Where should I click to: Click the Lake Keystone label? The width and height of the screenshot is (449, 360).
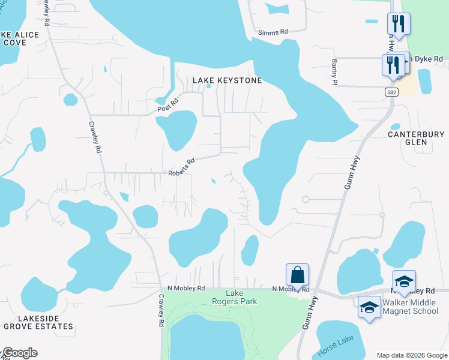[x=227, y=80]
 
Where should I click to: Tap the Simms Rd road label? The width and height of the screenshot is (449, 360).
[x=273, y=32]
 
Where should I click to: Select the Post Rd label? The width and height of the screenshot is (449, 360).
[x=168, y=106]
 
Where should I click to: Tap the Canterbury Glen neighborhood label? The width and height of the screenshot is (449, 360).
[x=415, y=138]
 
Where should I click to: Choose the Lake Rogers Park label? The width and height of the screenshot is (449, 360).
[x=234, y=297]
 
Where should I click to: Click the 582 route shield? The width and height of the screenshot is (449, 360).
[x=391, y=92]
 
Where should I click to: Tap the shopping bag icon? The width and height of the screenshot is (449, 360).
[x=297, y=275]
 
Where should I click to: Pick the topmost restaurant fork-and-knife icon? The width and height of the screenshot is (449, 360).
[x=399, y=25]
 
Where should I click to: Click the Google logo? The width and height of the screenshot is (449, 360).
[x=20, y=353]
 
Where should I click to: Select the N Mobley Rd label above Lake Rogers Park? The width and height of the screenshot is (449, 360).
[x=186, y=288]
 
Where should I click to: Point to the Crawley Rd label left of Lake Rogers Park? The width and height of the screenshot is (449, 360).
[x=161, y=310]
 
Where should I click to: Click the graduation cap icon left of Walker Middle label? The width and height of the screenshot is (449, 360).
[x=369, y=307]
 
